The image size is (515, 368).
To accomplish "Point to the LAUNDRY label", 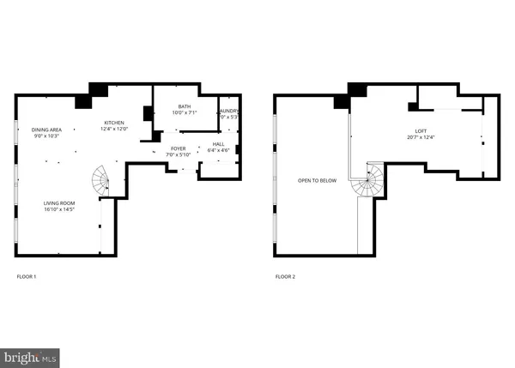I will click(x=228, y=111).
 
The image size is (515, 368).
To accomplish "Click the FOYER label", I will click(x=179, y=148).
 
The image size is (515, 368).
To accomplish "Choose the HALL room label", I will click(x=218, y=144).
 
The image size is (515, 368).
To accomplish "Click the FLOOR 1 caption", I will click(x=27, y=277).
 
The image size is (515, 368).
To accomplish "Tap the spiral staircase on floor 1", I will click(x=102, y=180).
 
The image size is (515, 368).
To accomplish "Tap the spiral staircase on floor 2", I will click(x=370, y=179).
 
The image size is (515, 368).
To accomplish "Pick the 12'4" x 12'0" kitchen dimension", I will click(x=116, y=130).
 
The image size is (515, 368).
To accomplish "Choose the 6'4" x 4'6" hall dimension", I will click(x=218, y=150).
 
